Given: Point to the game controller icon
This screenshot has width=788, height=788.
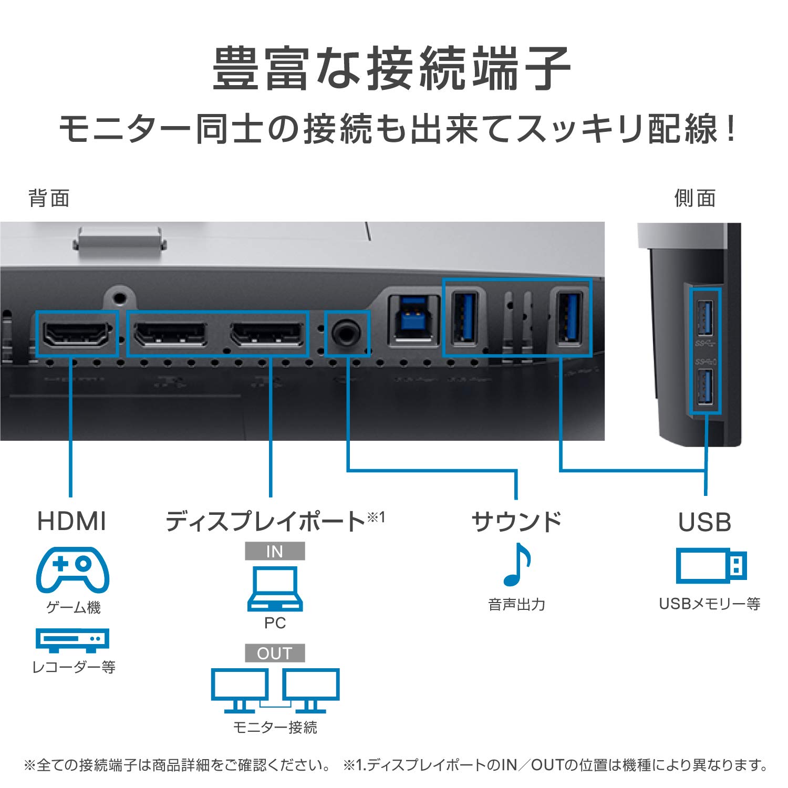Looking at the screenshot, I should click(72, 569).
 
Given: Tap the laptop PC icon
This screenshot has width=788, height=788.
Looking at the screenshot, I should click(275, 588).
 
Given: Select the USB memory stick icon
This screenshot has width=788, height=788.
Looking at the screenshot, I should click(711, 566).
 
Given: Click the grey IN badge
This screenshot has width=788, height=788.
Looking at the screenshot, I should click(275, 551).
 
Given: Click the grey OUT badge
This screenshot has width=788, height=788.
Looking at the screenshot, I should click(275, 653).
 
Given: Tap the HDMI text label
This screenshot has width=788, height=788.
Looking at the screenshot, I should click(72, 521).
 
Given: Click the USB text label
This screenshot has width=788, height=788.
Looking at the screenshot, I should click(704, 522).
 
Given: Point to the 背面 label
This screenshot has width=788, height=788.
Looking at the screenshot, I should click(49, 199).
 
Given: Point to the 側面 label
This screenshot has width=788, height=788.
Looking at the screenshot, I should click(694, 199).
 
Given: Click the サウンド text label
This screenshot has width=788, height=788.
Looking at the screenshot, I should click(516, 522).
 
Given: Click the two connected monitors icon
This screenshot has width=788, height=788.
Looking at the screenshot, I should click(275, 690).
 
